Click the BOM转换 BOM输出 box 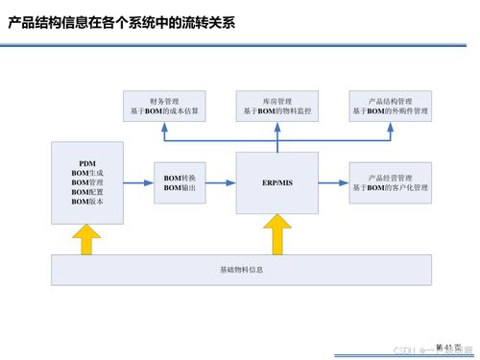coord(180,181)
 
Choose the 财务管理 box coord(165,106)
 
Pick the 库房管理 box coord(276,106)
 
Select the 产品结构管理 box coord(390,106)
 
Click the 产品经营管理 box coord(390,182)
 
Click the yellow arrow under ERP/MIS coord(278,233)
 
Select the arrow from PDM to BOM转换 coord(140,182)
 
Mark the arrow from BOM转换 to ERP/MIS coord(223,182)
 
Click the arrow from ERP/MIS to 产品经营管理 coord(333,182)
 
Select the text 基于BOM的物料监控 coord(276,111)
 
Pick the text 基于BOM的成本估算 coord(165,111)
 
